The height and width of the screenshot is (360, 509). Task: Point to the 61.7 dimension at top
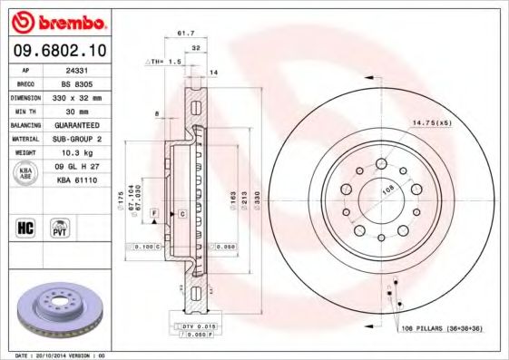(185, 34)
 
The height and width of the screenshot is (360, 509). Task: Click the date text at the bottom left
(62, 355)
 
